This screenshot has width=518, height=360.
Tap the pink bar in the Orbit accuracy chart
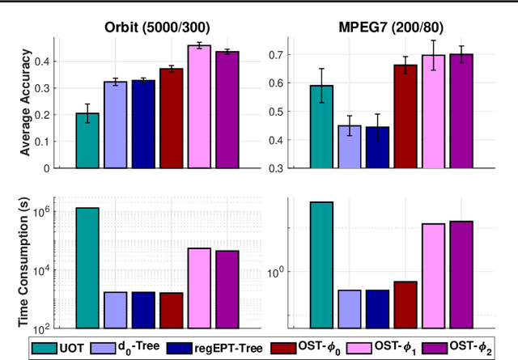(199, 107)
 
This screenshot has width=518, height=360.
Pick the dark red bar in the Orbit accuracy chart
(171, 118)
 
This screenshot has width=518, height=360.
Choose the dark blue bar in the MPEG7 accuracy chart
(377, 148)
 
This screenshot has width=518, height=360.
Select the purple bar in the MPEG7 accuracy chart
(461, 112)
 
